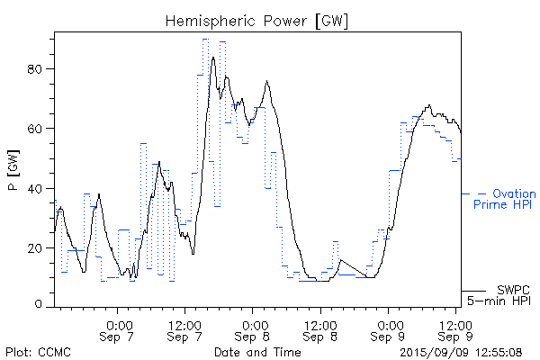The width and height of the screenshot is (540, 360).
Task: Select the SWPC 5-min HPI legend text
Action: coord(504,295)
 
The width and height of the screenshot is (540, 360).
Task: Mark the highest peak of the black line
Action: coord(213,58)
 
